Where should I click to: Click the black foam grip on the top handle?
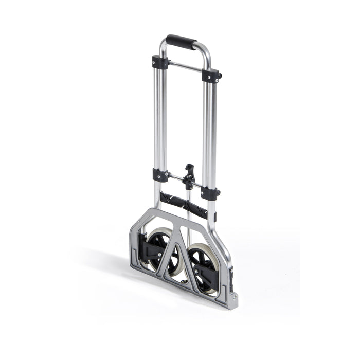click(182, 41)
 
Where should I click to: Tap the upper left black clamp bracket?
click(160, 62)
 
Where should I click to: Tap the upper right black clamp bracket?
click(210, 76)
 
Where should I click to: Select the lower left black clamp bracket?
click(160, 175)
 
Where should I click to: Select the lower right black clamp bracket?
click(209, 193)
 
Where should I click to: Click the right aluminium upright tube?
click(210, 134)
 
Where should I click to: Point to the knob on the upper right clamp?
click(220, 76)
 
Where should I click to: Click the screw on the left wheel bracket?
click(159, 254)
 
